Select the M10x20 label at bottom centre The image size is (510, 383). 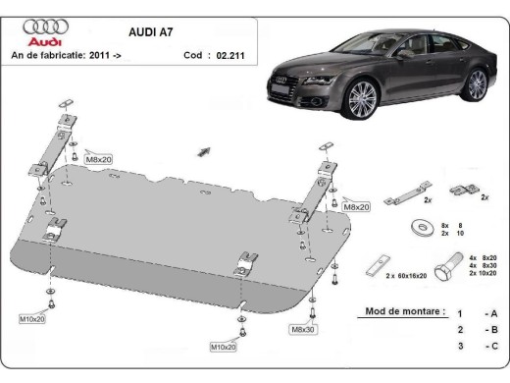[224, 346]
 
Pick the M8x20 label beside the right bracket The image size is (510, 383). [355, 207]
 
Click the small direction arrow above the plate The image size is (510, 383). [204, 150]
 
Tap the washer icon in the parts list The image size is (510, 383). [424, 228]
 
